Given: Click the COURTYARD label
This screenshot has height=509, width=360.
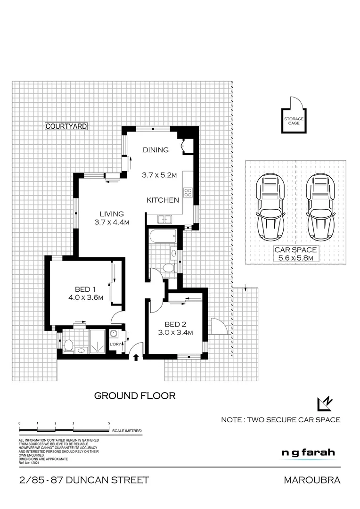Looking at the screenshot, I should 66,126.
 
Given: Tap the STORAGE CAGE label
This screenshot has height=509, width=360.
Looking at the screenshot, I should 293,120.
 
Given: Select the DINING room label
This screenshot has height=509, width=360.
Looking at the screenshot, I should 155,150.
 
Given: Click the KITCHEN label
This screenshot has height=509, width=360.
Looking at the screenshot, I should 163,200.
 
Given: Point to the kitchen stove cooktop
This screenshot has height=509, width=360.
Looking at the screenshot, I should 188,192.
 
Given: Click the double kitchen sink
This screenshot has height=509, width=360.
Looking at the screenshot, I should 164,219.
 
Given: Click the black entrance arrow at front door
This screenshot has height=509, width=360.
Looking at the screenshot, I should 136,358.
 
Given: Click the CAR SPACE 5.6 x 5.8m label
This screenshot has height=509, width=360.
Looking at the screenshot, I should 295,254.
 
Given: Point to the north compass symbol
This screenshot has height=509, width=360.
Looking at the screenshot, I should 325,404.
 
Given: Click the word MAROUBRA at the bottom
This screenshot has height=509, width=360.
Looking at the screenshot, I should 311,480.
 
